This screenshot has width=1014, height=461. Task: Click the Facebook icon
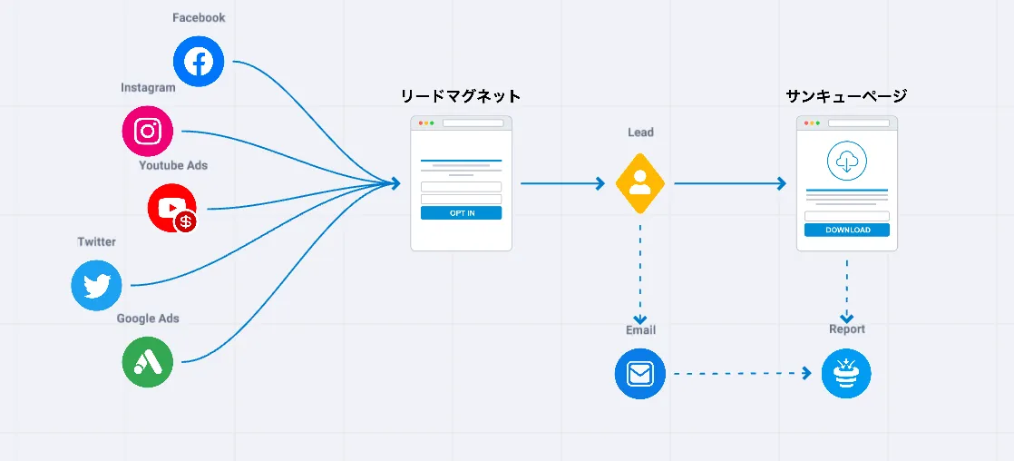[x=199, y=62]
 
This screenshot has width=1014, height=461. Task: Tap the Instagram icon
[x=148, y=131]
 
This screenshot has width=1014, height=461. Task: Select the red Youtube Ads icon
[x=171, y=207]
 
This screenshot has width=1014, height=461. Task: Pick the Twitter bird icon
[x=96, y=285]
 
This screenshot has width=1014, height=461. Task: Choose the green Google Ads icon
[x=148, y=362]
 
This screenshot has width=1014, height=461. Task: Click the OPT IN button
[x=461, y=213]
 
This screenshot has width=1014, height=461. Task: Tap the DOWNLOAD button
[x=847, y=230]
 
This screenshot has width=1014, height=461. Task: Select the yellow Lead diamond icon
[x=640, y=183]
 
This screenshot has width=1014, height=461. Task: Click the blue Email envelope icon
[x=640, y=374]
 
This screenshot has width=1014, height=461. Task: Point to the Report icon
[x=846, y=374]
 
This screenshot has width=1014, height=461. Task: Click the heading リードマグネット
[x=461, y=96]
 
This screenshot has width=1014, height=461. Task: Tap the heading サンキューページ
[x=846, y=96]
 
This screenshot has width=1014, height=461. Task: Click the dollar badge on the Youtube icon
[x=187, y=221]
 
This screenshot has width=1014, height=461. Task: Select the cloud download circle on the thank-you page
[x=847, y=162]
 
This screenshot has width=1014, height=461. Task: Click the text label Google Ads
[x=148, y=319]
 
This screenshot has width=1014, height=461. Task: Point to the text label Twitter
[x=96, y=241]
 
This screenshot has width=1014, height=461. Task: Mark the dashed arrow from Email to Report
[x=742, y=373]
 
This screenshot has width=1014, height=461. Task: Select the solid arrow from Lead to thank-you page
[x=730, y=183]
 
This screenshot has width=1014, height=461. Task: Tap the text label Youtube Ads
[x=173, y=165]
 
